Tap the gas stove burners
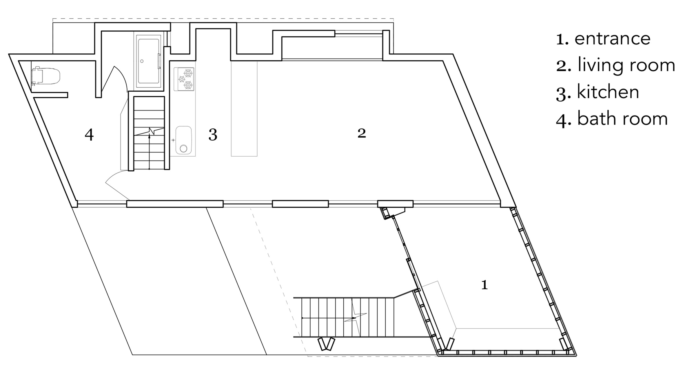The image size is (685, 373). click(x=184, y=79)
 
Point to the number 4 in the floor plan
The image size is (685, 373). click(x=89, y=135)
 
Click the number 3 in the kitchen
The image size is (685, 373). click(x=213, y=135)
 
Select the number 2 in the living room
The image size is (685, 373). click(x=362, y=133)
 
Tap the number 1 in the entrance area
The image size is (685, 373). click(x=484, y=285)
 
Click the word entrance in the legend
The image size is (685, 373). click(x=613, y=39)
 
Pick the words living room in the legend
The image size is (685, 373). click(x=626, y=66)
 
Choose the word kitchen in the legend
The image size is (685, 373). click(x=608, y=92)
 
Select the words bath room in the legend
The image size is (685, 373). click(x=622, y=119)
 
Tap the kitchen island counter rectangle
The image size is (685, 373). click(x=244, y=108)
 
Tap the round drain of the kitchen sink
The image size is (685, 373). click(x=183, y=149)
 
